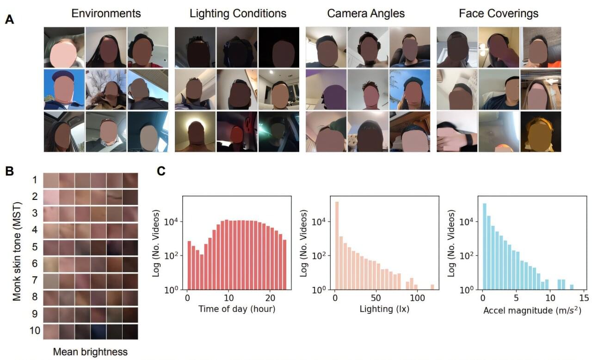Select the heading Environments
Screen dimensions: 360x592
106,13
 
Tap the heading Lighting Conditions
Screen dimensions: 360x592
238,13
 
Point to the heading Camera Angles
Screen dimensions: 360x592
366,13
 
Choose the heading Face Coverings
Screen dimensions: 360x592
499,13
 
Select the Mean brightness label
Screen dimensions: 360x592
90,352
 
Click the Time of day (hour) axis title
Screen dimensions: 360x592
237,309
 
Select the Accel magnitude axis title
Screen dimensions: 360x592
532,309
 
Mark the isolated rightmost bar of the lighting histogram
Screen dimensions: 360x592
432,287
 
